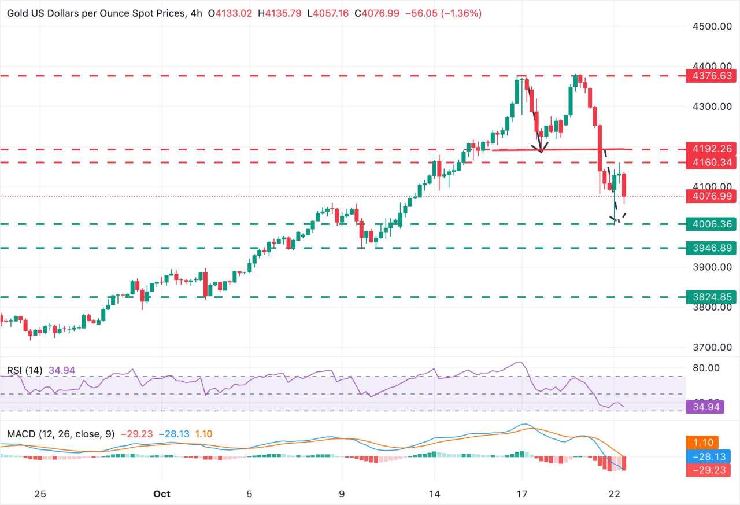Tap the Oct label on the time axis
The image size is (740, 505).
(162, 493)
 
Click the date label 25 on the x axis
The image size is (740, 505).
(40, 493)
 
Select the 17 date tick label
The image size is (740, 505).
(522, 493)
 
